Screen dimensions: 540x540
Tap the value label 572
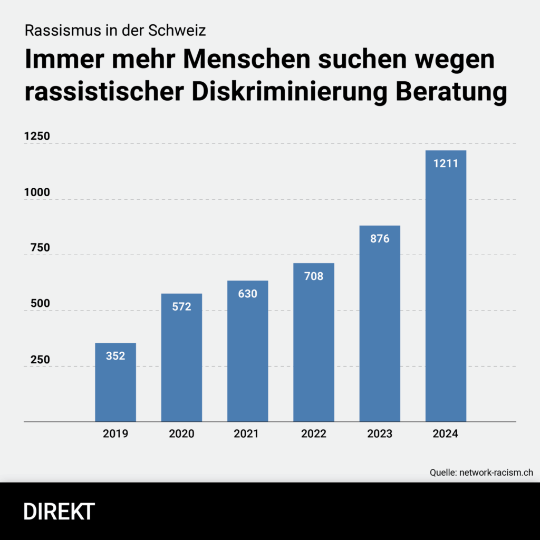pyautogui.click(x=181, y=306)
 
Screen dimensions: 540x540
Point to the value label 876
pyautogui.click(x=380, y=239)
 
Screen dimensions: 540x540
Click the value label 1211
pyautogui.click(x=446, y=163)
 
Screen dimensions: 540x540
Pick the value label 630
pyautogui.click(x=248, y=294)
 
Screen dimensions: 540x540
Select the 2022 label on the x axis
pyautogui.click(x=314, y=434)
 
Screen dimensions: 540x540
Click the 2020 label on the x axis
pyautogui.click(x=181, y=434)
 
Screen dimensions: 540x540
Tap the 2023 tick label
pyautogui.click(x=380, y=434)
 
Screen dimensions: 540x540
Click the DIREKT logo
pyautogui.click(x=59, y=512)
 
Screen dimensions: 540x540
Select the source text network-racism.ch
pyautogui.click(x=495, y=472)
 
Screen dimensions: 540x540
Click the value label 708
pyautogui.click(x=314, y=276)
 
